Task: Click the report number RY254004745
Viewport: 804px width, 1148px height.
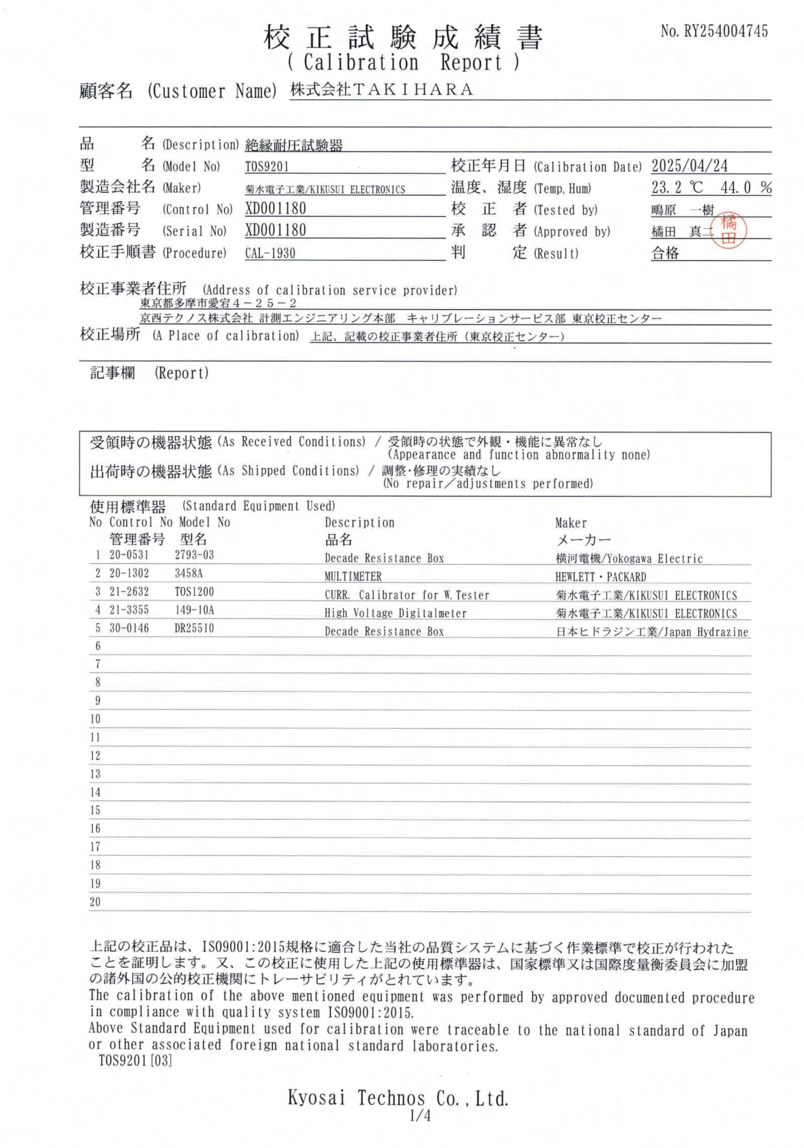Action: point(725,31)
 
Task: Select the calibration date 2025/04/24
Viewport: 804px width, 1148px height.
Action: point(690,165)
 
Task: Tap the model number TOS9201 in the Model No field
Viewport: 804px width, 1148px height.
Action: point(267,166)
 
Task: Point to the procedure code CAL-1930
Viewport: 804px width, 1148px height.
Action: point(270,253)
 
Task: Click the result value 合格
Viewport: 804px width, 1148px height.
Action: point(665,253)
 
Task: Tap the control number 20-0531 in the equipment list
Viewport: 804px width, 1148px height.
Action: point(129,555)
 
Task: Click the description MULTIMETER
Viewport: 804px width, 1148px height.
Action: point(353,577)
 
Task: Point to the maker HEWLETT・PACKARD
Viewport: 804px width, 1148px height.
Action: point(600,577)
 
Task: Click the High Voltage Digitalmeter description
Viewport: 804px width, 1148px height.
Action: point(395,613)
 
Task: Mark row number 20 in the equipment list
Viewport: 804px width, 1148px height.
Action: point(95,902)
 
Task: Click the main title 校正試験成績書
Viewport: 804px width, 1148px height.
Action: point(403,38)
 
